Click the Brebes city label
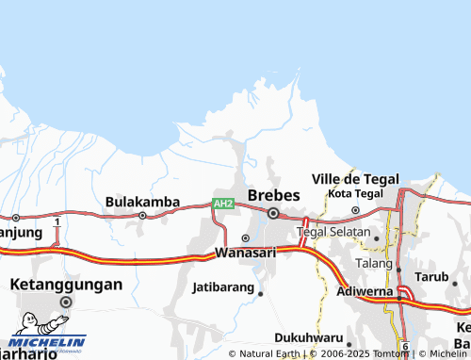[273, 194]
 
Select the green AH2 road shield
[222, 204]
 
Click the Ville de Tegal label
[355, 179]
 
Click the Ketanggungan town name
[66, 284]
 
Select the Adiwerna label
[365, 293]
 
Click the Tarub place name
[432, 277]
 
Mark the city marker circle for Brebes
[273, 214]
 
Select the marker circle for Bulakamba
[142, 215]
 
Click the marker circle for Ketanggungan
[66, 302]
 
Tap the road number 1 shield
[57, 221]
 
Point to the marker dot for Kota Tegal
[355, 210]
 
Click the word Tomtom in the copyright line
[392, 354]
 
